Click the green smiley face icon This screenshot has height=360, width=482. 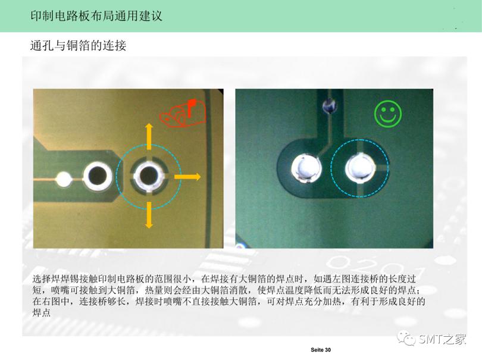click(x=387, y=114)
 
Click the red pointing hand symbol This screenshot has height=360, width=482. click(x=183, y=114)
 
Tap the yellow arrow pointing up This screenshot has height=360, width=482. click(x=149, y=136)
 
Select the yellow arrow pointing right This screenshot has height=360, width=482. click(x=187, y=177)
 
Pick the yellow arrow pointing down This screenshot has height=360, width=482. click(x=149, y=215)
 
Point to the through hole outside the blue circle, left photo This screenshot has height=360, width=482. click(x=98, y=176)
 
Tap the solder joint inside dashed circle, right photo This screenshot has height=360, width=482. click(x=359, y=168)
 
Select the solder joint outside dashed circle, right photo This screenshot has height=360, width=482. click(x=306, y=168)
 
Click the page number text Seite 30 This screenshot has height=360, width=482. click(x=321, y=350)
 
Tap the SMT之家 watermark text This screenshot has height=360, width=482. click(x=442, y=339)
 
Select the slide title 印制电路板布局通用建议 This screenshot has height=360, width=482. click(x=96, y=15)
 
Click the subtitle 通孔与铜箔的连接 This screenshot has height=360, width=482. click(x=78, y=45)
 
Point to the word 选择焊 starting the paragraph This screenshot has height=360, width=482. click(x=46, y=279)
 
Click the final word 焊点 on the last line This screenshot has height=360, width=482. click(x=42, y=312)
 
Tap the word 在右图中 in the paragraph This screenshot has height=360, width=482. click(x=51, y=301)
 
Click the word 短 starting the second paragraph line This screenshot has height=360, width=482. click(x=37, y=290)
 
